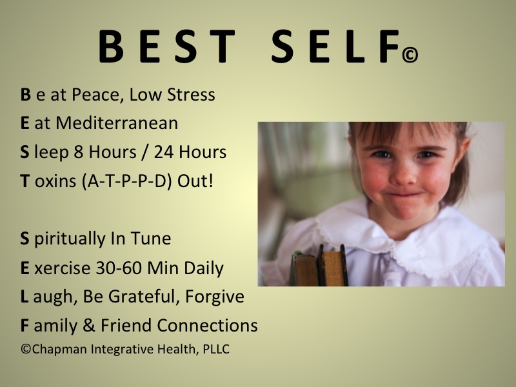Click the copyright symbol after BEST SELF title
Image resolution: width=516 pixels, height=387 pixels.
coord(410,55)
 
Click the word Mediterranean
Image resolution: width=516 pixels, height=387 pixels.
coord(117,123)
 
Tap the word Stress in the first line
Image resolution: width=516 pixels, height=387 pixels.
coord(191,94)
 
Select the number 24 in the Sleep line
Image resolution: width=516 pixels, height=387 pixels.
coord(164,152)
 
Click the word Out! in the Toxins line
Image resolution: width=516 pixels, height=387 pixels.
coord(195,181)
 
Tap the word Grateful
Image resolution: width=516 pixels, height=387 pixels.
coord(144,297)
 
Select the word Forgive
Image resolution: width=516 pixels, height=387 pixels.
coord(215,297)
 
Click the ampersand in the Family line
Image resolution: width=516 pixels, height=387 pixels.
coord(89,325)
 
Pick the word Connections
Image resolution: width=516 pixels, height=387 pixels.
coord(207,325)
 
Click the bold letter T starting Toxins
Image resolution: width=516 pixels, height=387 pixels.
coord(25,181)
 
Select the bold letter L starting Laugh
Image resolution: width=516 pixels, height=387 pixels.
coord(25,297)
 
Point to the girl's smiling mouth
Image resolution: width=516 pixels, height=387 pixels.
coord(405,195)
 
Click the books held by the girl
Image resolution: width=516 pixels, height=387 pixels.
coord(319,266)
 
